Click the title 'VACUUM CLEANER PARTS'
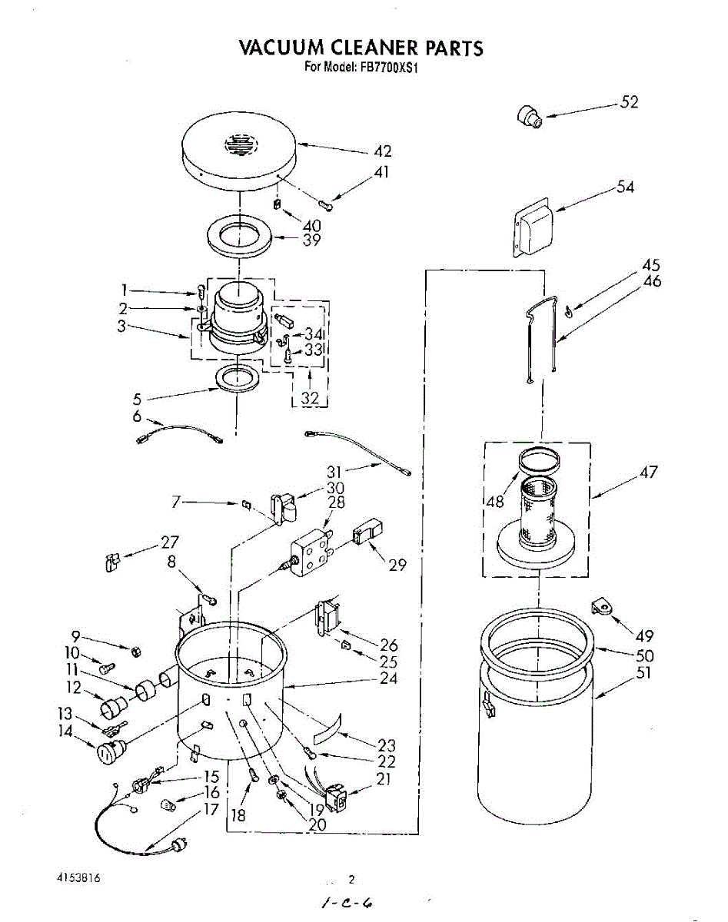click(361, 48)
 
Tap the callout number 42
click(382, 151)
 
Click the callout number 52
click(629, 102)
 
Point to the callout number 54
click(626, 187)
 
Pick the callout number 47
click(649, 472)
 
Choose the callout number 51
click(643, 673)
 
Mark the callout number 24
click(388, 678)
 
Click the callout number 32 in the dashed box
click(310, 398)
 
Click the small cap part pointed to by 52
click(529, 117)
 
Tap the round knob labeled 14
click(108, 753)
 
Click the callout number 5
click(137, 399)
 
